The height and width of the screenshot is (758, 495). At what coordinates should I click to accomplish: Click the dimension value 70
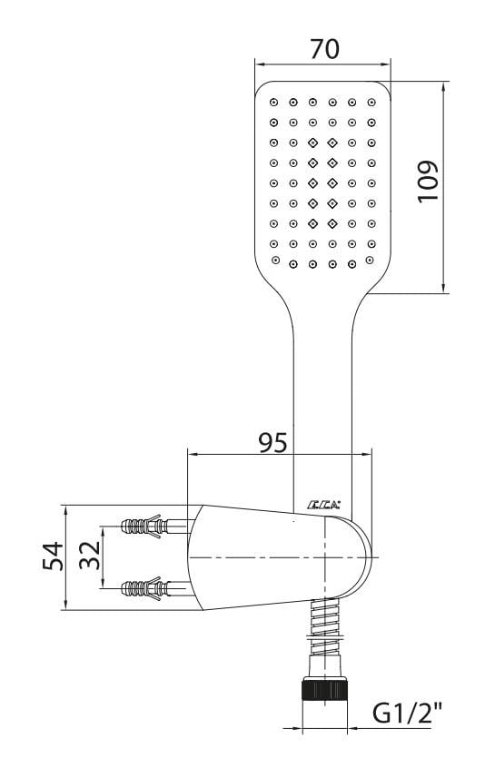pos(324,49)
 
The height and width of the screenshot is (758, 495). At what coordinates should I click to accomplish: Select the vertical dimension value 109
pos(428,182)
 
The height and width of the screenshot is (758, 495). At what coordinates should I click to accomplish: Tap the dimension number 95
pos(272,442)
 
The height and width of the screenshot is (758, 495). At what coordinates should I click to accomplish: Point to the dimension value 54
pos(53,556)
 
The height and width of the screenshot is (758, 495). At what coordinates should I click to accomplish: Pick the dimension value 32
pos(90,555)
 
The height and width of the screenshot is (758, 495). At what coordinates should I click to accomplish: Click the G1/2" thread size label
pos(408,713)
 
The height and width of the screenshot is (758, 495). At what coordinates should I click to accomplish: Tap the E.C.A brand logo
pos(323,505)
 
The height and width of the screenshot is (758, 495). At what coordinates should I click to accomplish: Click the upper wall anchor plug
pos(144,526)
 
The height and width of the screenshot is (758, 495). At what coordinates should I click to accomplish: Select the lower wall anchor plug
pos(144,588)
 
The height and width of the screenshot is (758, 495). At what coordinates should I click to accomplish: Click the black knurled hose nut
pos(324,689)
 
